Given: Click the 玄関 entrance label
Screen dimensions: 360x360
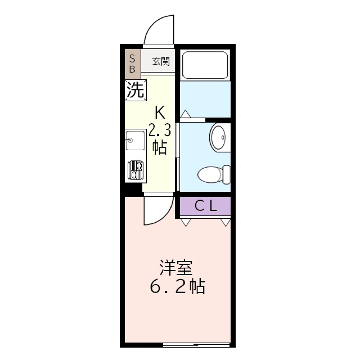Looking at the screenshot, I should [x=161, y=61].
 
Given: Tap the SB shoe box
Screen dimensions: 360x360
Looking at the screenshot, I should [x=133, y=63].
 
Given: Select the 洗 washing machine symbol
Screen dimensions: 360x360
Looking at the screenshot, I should [x=136, y=90].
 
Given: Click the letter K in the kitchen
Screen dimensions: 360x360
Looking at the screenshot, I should [x=160, y=110].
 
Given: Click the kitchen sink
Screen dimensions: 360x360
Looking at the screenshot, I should [x=135, y=140].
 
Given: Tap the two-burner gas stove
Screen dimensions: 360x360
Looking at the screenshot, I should [x=135, y=169].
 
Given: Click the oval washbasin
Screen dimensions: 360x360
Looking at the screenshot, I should [x=218, y=137].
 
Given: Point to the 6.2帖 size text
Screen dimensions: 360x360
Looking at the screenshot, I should [x=177, y=287].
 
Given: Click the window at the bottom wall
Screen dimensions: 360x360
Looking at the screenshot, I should [x=196, y=344].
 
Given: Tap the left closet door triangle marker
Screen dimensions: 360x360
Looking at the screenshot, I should [x=185, y=222].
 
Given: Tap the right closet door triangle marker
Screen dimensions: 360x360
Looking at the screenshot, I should [x=226, y=222].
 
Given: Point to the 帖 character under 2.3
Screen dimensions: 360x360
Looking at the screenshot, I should [x=159, y=147].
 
